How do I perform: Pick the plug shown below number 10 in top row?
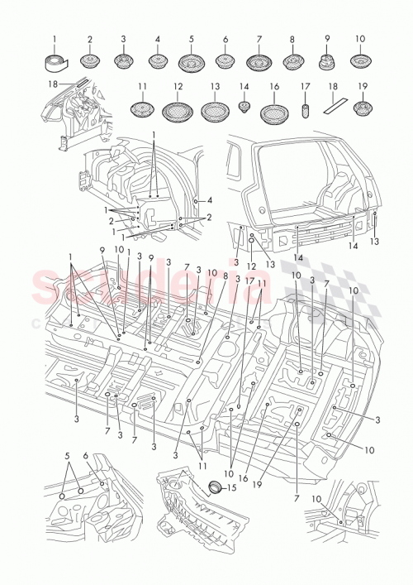click(x=360, y=62)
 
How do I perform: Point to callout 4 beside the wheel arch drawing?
click(x=211, y=200)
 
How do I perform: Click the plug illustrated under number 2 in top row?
click(x=90, y=62)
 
